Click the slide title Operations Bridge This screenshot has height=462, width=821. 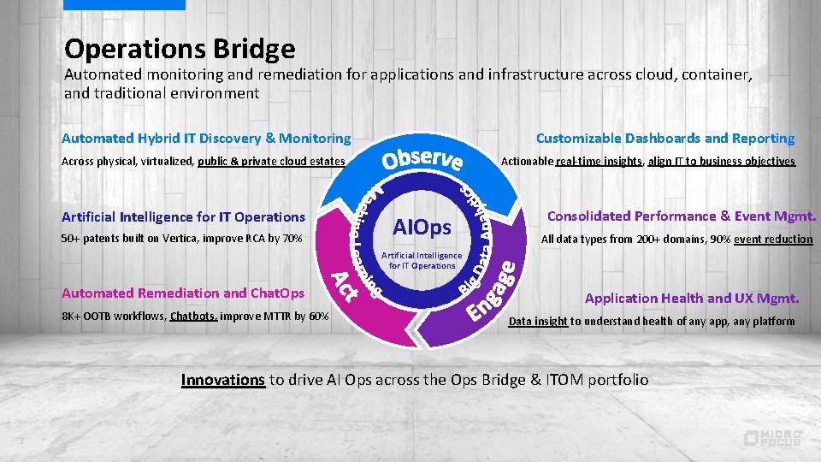pos(180,48)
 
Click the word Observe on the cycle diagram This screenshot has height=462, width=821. pos(422,158)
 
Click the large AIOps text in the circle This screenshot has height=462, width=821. pos(422,228)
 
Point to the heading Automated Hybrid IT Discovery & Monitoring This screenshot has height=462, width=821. pos(206,138)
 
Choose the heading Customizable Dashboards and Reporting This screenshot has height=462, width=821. pos(664,138)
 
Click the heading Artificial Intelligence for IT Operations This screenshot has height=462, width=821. pos(183,217)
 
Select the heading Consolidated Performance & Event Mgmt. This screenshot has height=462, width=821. pos(682,216)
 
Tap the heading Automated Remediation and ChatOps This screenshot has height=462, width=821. pos(183,293)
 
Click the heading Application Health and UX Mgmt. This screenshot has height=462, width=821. pos(691,299)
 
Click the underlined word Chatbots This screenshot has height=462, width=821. pos(194,316)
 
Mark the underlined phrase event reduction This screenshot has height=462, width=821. pos(773,240)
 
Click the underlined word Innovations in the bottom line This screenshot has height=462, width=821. pos(222,380)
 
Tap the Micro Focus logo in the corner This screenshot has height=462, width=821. pos(772,437)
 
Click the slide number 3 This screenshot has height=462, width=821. pos(19,441)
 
